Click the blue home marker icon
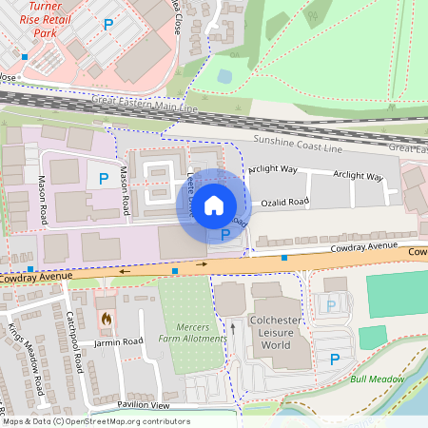214,204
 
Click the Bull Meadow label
377,379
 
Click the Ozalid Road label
292,203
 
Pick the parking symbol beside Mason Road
103,177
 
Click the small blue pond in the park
224,75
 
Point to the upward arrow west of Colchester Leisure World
233,329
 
